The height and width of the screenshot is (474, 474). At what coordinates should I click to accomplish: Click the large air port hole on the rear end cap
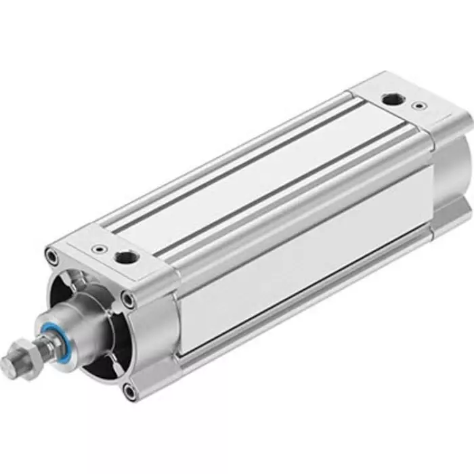[390, 101]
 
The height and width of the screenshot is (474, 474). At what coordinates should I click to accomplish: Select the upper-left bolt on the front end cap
[51, 257]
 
